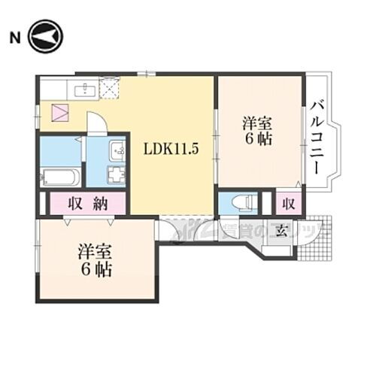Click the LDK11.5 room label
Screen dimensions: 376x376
171,148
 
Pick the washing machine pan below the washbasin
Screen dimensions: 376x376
117,176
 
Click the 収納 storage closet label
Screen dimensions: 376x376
89,203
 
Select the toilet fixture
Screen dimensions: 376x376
241,203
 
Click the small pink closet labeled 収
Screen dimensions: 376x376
289,202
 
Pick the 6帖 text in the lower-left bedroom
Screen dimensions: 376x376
97,268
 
